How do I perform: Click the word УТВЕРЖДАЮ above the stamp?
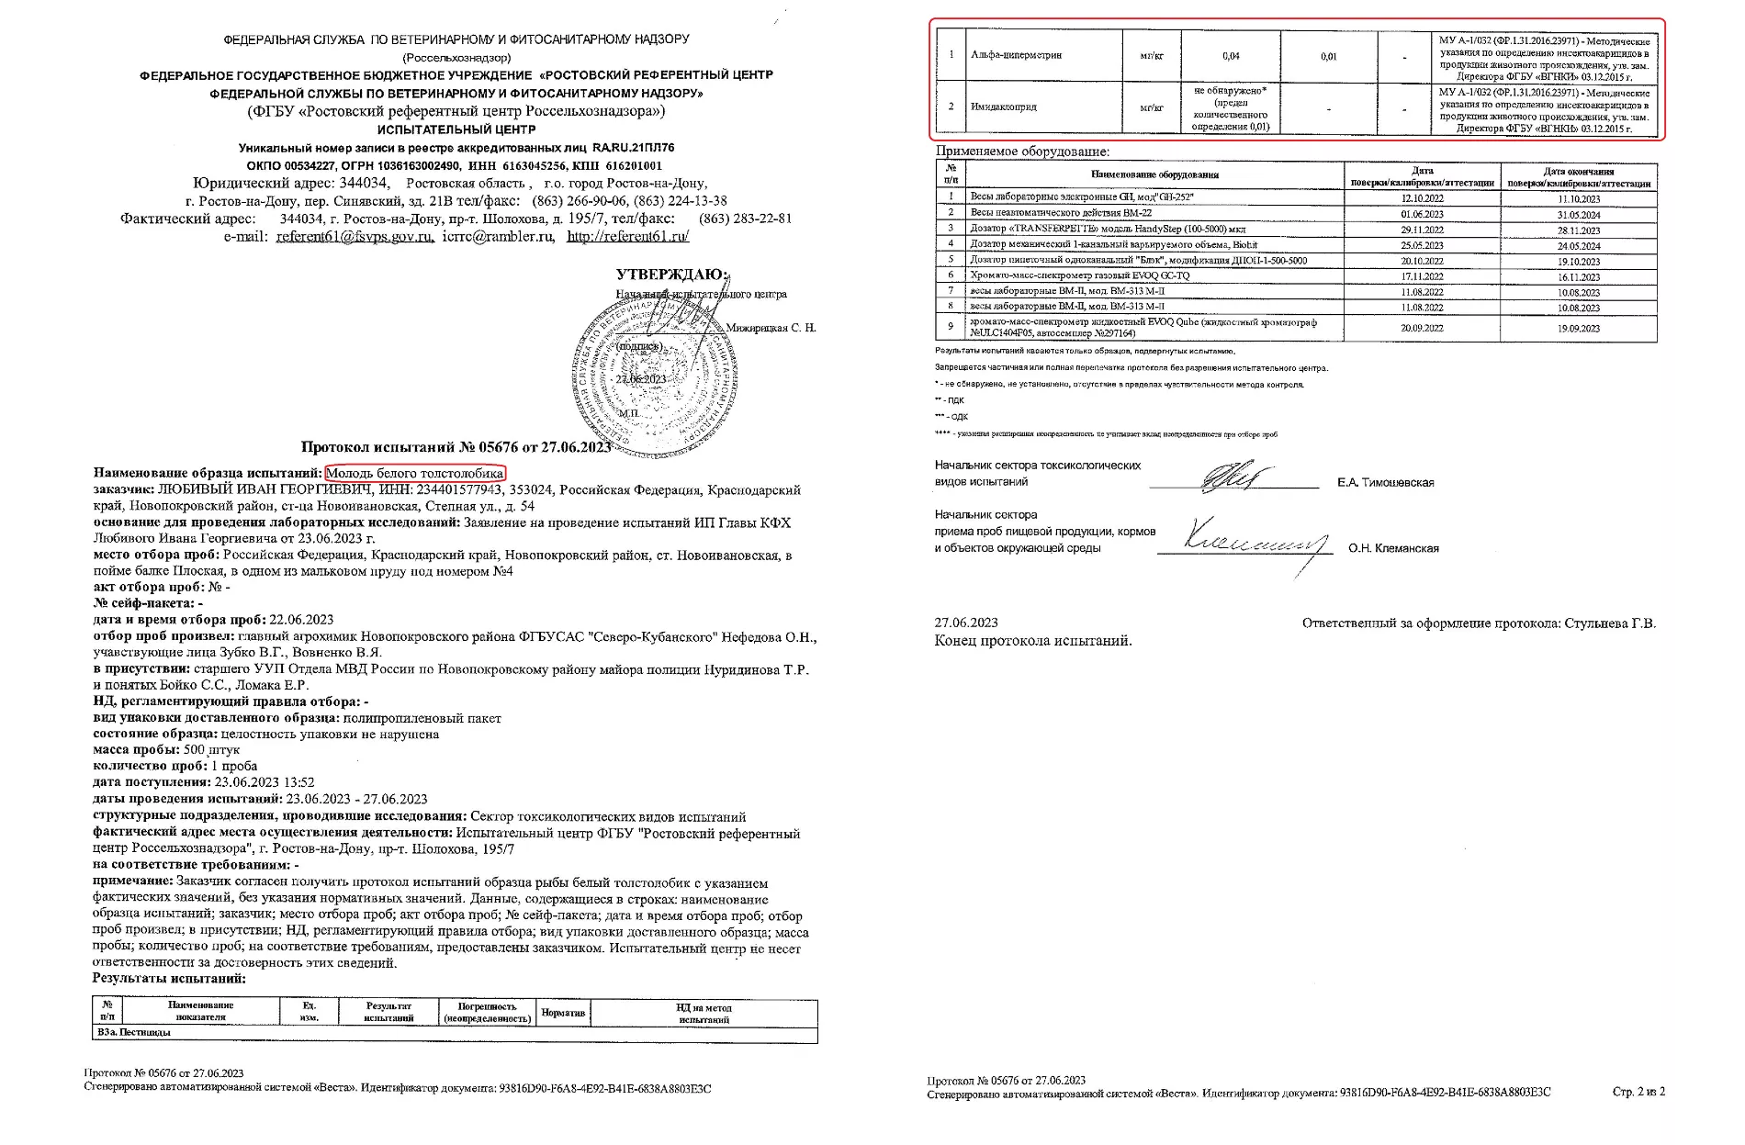pos(672,275)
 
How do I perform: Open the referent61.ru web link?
pos(627,236)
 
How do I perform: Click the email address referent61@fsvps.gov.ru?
pos(355,236)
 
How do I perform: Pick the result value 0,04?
pos(1231,56)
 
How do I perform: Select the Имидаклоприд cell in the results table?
pos(1003,107)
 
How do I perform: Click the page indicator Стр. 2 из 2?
pos(1638,1092)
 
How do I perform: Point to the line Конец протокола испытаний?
pos(1033,641)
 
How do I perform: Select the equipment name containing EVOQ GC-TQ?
pos(1080,275)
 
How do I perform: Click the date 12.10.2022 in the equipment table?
pos(1422,198)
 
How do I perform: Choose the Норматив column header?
pos(563,1013)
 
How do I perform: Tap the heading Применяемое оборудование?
pos(1022,152)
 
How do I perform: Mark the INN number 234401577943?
pos(461,490)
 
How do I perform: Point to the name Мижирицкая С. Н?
pos(771,328)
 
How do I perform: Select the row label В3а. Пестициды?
pos(134,1033)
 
